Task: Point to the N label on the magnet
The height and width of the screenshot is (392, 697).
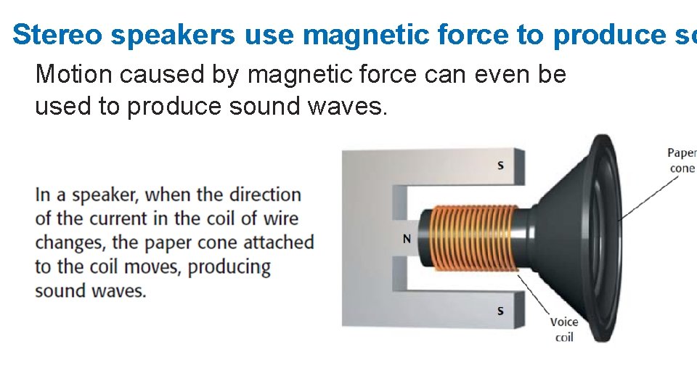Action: (407, 239)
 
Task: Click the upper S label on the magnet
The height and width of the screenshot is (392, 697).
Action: (500, 166)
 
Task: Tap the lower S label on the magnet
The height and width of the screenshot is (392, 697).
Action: (500, 311)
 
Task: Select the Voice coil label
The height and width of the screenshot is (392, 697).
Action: (564, 329)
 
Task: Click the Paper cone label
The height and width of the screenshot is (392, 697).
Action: (682, 160)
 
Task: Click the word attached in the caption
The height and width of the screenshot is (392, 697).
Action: (280, 242)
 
